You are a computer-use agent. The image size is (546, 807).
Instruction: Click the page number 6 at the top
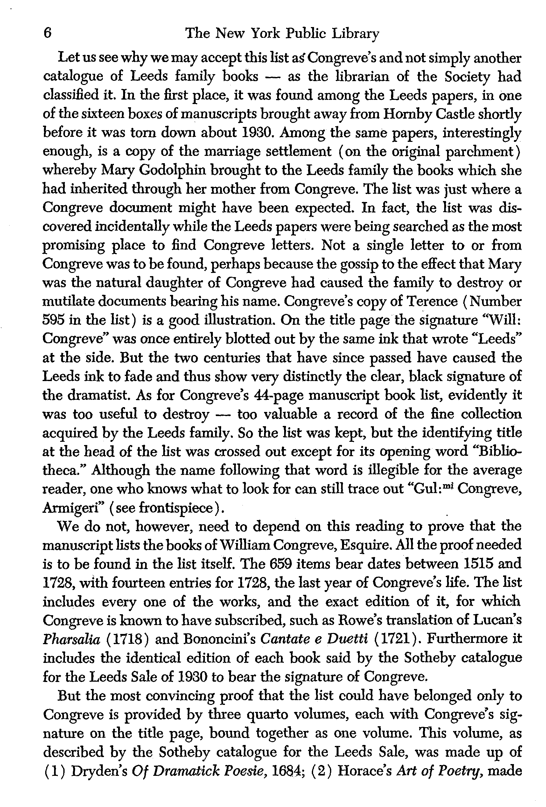(x=48, y=34)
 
